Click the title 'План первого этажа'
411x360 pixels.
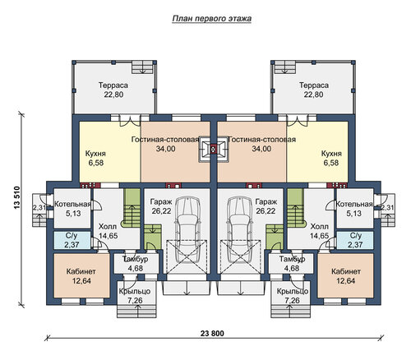click(x=212, y=19)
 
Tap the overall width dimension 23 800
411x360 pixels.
click(x=212, y=334)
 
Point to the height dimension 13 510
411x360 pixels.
click(x=17, y=197)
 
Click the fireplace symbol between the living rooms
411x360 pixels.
click(x=214, y=150)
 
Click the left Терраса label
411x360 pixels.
click(x=113, y=85)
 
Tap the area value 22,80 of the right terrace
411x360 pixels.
click(x=313, y=95)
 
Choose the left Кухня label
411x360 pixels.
click(x=95, y=154)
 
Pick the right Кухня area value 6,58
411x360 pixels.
click(x=331, y=163)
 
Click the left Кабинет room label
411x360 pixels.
click(x=81, y=271)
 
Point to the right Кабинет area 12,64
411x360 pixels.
click(x=346, y=281)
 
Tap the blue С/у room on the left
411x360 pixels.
click(x=72, y=240)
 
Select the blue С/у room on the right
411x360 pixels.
click(x=355, y=240)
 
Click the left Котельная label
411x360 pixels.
click(x=72, y=204)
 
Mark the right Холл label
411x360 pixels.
click(x=319, y=227)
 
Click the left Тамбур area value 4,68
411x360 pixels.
click(x=136, y=268)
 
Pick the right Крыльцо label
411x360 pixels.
click(x=293, y=291)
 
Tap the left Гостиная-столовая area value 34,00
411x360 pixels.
click(x=166, y=149)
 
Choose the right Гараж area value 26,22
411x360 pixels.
click(x=266, y=211)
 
